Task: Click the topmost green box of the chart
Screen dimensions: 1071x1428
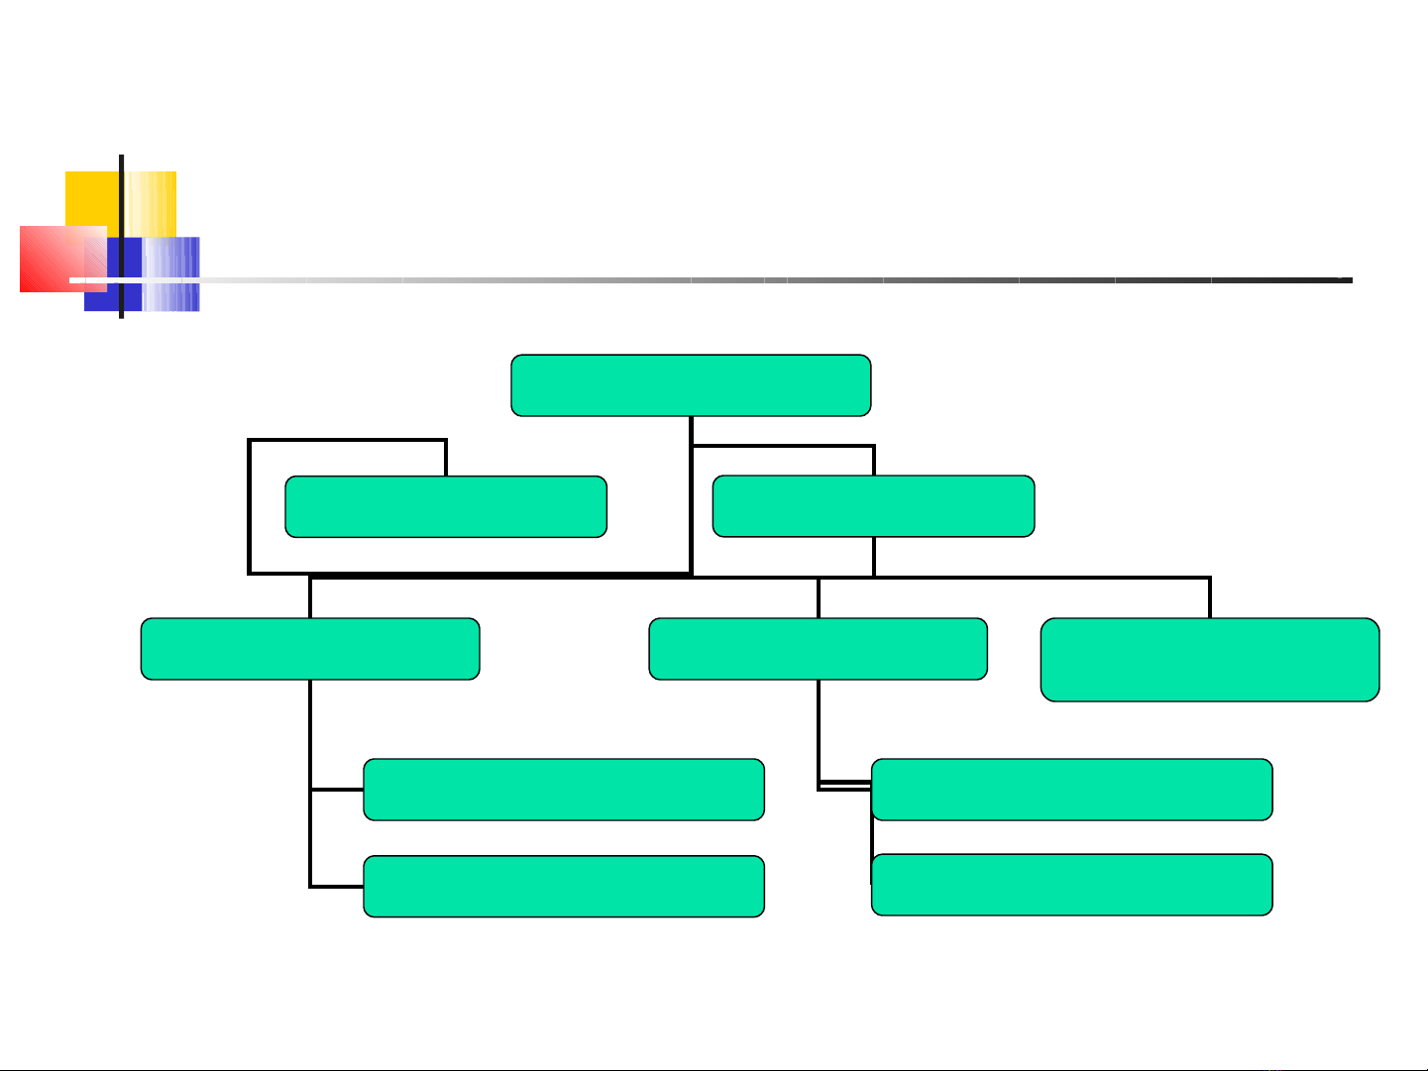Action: [x=691, y=385]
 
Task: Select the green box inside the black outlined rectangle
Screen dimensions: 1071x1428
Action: [x=446, y=506]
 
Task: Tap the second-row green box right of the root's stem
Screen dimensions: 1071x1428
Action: [x=873, y=506]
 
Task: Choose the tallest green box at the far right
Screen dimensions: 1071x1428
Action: [x=1210, y=660]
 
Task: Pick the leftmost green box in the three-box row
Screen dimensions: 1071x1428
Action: [x=310, y=649]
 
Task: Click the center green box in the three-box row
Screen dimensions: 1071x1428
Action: [x=818, y=649]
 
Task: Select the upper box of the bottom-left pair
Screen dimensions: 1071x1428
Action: [x=564, y=790]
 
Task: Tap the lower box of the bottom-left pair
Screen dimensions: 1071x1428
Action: [x=564, y=887]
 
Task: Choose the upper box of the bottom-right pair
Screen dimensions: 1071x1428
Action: [x=1071, y=790]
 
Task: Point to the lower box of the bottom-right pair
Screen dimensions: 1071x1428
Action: [x=1071, y=885]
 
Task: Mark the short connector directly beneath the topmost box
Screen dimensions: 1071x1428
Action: [x=691, y=430]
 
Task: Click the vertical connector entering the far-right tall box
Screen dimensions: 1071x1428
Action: [x=1210, y=597]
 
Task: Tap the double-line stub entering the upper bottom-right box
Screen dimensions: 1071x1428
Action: [x=844, y=787]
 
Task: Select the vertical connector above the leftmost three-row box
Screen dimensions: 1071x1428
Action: [x=310, y=597]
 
